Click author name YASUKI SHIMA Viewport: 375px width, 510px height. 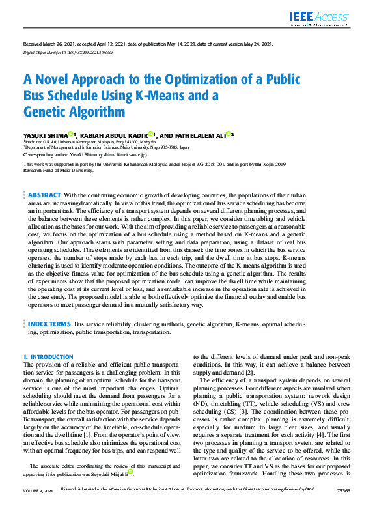tap(45, 134)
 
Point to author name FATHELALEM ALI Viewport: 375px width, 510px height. tap(196, 134)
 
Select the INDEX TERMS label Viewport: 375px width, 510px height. tap(49, 324)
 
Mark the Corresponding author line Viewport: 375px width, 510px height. tap(85, 156)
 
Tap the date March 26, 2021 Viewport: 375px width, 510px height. tap(55, 44)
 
